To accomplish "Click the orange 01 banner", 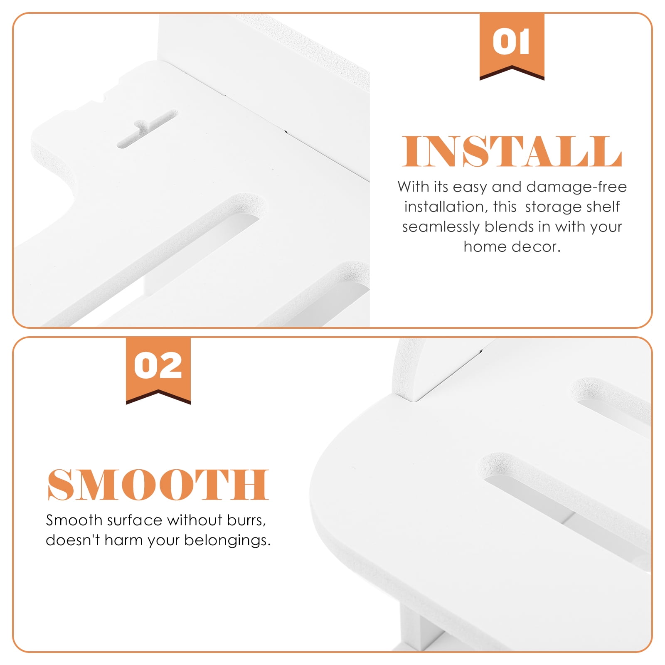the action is (x=512, y=46).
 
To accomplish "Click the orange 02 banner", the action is (x=158, y=370).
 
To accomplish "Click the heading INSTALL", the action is (x=512, y=151).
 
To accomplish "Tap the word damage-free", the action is (x=576, y=187).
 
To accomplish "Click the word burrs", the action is (x=246, y=520).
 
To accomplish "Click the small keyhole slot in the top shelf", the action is (x=147, y=129).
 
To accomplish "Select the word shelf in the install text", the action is (x=603, y=207).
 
